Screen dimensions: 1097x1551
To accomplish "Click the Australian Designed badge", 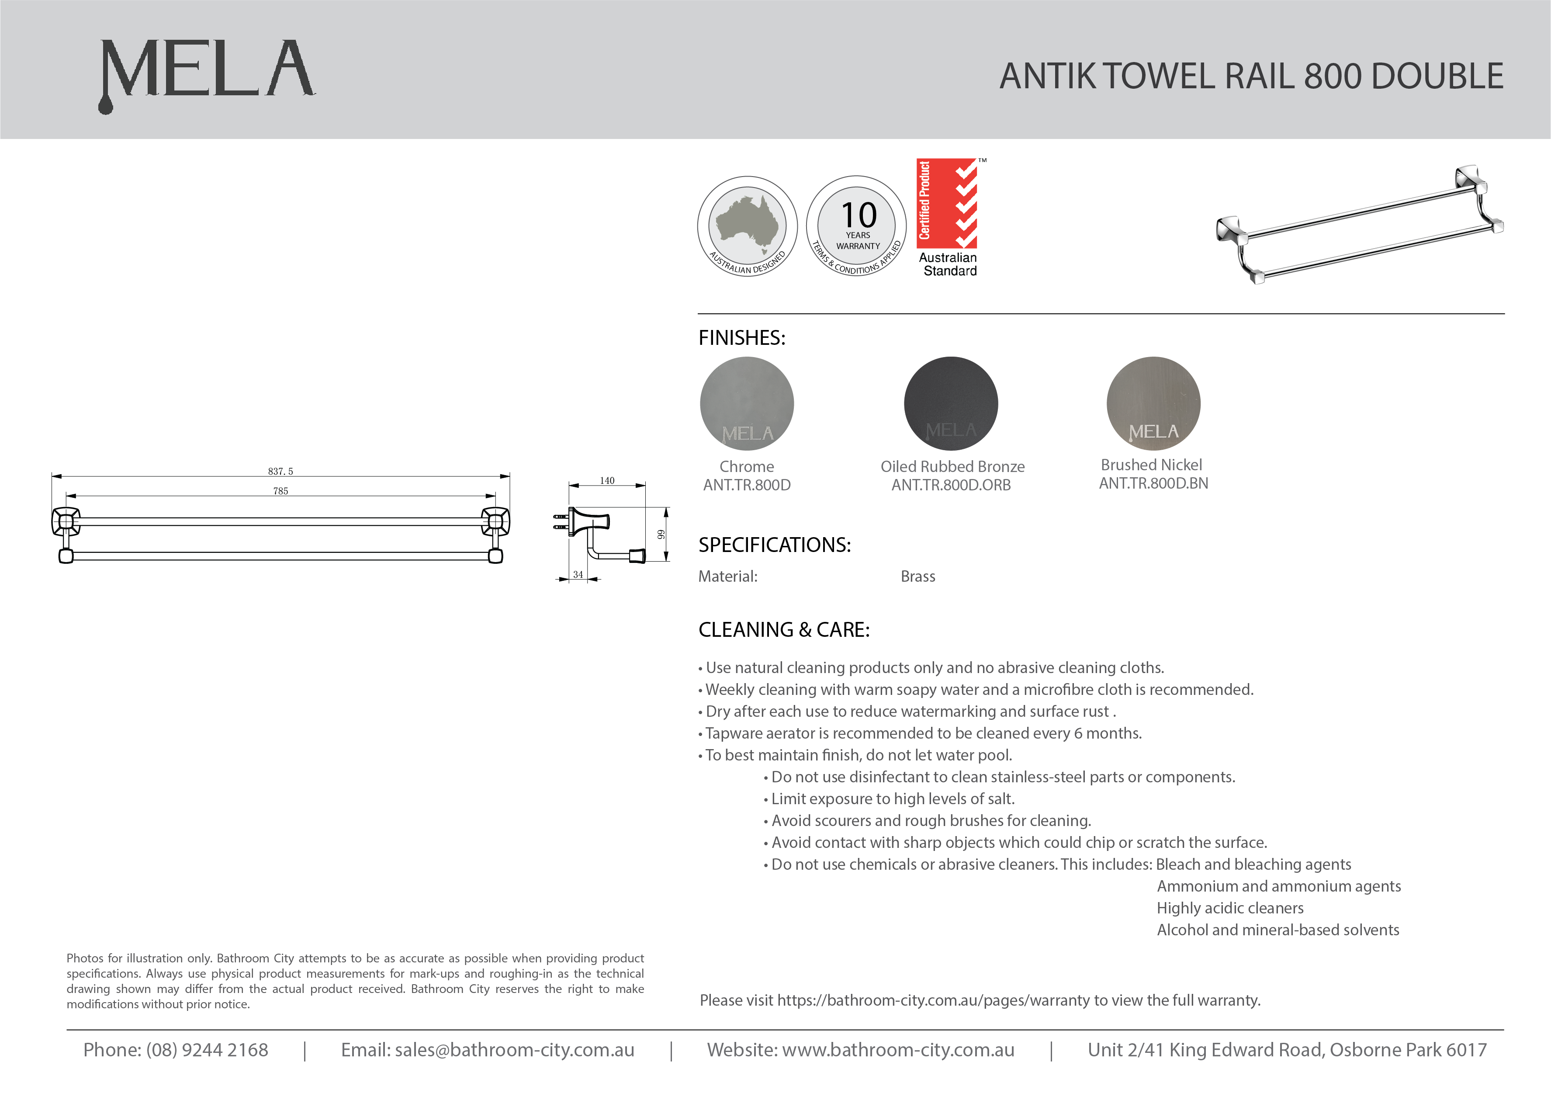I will [x=747, y=226].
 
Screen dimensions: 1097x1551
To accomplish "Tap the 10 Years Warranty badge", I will [x=857, y=226].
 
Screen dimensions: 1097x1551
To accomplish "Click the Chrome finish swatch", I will [x=747, y=403].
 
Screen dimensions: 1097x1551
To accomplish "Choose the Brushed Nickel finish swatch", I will [x=1153, y=403].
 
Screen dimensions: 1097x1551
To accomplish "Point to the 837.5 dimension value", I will [x=280, y=471].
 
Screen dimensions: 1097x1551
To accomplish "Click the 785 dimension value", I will [x=280, y=491].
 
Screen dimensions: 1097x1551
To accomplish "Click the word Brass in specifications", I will [x=917, y=576].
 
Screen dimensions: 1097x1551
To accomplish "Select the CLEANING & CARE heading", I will [x=784, y=630].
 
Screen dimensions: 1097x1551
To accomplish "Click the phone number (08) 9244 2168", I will [x=207, y=1050].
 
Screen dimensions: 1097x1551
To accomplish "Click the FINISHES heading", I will [x=742, y=338].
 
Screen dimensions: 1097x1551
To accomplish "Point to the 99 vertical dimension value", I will [x=661, y=534].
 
